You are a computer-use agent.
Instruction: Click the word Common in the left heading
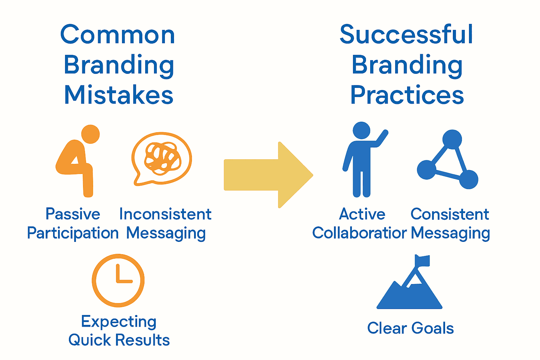117,35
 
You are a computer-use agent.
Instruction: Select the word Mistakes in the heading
119,95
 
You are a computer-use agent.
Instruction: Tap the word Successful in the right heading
406,35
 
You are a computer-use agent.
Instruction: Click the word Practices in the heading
407,95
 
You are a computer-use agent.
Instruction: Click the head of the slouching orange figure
90,134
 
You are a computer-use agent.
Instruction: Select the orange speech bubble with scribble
161,158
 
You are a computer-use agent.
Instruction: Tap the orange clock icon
118,281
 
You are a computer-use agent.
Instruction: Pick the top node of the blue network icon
452,139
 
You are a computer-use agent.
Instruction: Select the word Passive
73,214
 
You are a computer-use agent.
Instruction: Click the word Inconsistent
165,214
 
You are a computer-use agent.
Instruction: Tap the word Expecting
119,322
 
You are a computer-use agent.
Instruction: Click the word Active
362,214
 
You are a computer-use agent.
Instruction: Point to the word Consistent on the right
450,214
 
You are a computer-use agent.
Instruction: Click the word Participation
73,233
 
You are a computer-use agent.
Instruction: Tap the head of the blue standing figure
361,130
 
